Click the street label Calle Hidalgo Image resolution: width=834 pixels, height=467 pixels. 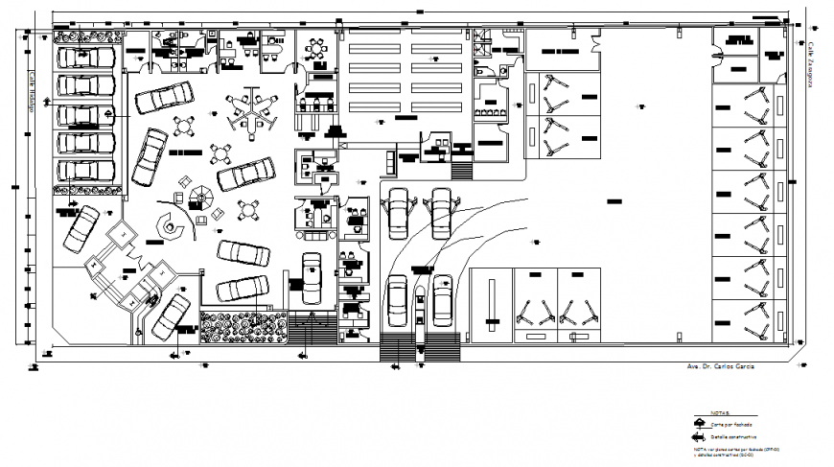(x=30, y=92)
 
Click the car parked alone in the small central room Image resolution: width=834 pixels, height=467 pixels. (x=312, y=275)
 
